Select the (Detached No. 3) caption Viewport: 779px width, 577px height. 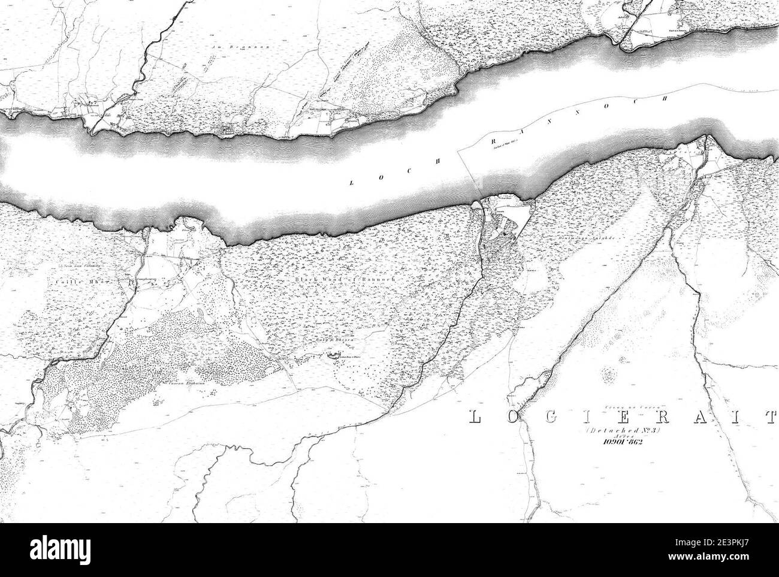(620, 430)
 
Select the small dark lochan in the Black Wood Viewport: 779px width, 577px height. (331, 358)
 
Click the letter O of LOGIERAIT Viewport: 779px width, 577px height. (511, 416)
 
